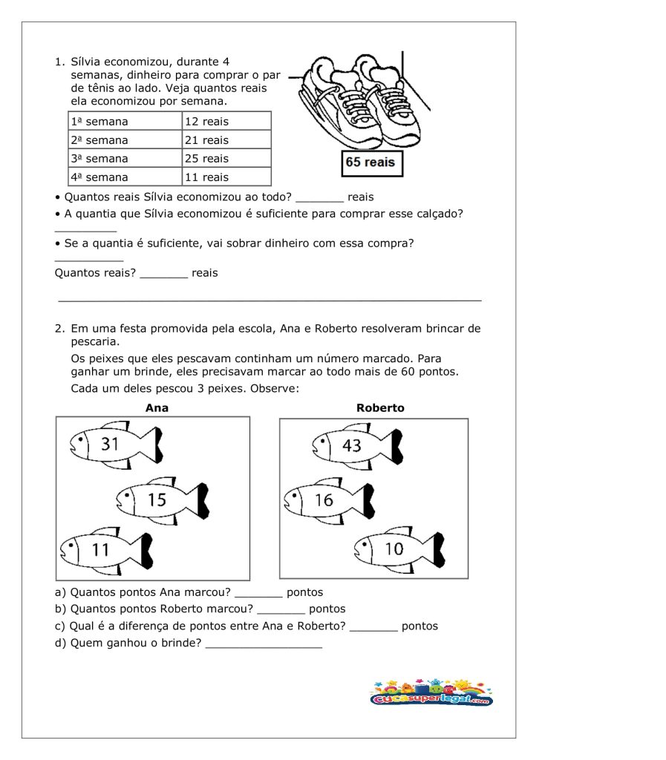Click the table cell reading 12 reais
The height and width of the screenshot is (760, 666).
(226, 121)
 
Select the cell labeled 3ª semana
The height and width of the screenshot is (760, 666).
(125, 158)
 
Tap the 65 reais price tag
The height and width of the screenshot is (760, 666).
(371, 163)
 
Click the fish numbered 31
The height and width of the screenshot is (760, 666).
(115, 445)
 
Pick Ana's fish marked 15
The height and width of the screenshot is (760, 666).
(162, 499)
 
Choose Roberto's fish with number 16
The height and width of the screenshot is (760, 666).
(329, 500)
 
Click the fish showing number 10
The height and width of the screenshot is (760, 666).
(399, 549)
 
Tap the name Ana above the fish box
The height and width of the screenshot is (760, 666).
(157, 407)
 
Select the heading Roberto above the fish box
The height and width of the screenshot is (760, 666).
(380, 407)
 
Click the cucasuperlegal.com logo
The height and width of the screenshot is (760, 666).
(431, 693)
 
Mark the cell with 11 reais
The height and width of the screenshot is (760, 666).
(226, 177)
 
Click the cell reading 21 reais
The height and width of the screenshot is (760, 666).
(226, 140)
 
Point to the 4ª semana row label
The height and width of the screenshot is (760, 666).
(125, 177)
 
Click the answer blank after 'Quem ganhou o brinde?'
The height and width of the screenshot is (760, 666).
(264, 644)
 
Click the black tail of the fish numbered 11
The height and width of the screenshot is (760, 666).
(146, 550)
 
